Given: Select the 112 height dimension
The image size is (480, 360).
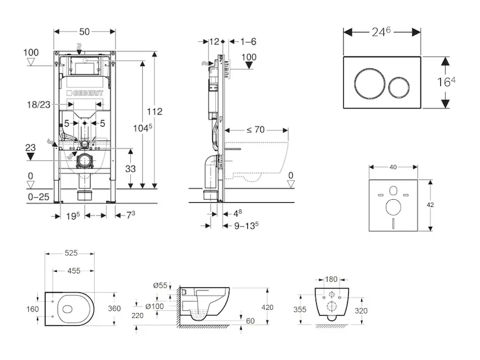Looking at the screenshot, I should point(155,112).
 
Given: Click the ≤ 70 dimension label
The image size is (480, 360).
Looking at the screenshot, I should point(256,128).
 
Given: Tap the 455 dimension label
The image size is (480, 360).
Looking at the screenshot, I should point(73,271).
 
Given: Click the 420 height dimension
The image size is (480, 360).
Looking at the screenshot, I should point(267,307).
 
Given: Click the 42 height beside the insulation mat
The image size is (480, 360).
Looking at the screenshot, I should point(447,205).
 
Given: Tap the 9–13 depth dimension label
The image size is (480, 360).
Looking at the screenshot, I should point(246,226).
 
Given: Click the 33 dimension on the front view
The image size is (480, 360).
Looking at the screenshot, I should point(130,169).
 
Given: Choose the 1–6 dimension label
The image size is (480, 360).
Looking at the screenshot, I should point(248,41).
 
